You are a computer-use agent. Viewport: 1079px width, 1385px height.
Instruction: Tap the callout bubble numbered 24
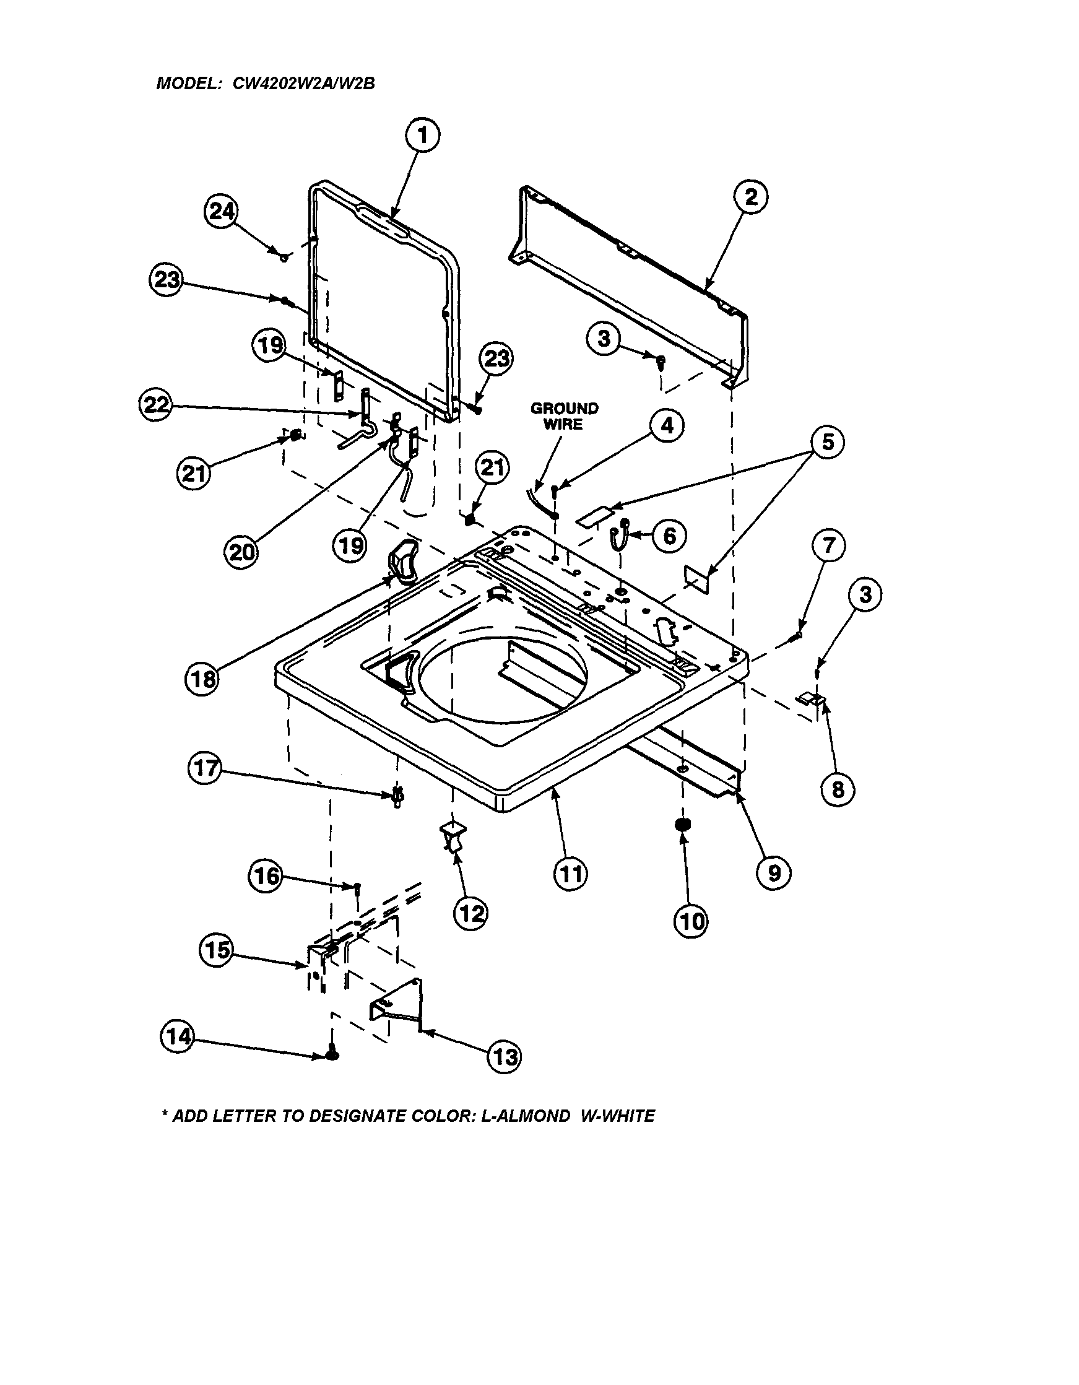click(221, 212)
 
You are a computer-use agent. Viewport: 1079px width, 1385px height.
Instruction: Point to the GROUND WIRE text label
click(563, 416)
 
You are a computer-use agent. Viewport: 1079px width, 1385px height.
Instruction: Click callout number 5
click(828, 442)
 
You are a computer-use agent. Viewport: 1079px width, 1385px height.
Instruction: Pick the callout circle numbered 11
click(570, 874)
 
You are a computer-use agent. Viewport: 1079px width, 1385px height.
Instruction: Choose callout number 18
click(202, 680)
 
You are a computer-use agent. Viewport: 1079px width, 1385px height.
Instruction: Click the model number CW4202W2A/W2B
click(304, 83)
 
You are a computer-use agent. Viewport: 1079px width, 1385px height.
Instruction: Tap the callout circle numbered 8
click(838, 790)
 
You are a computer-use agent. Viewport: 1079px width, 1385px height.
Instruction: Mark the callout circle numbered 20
click(241, 552)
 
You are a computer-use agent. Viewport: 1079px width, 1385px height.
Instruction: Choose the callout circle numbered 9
click(773, 873)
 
